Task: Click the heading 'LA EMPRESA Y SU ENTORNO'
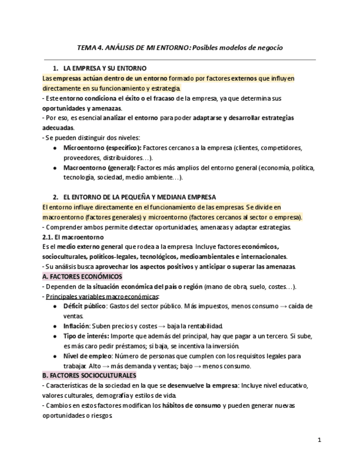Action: [105, 68]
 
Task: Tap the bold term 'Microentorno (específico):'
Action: [102, 148]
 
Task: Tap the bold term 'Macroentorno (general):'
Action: [99, 168]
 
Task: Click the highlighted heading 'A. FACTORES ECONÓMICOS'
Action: [82, 276]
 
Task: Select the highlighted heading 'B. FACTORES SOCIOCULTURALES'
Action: [89, 375]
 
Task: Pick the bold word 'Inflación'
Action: [76, 326]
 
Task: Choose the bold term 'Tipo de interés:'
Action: [86, 336]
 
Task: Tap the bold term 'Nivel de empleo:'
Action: [87, 356]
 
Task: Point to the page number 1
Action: [319, 440]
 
